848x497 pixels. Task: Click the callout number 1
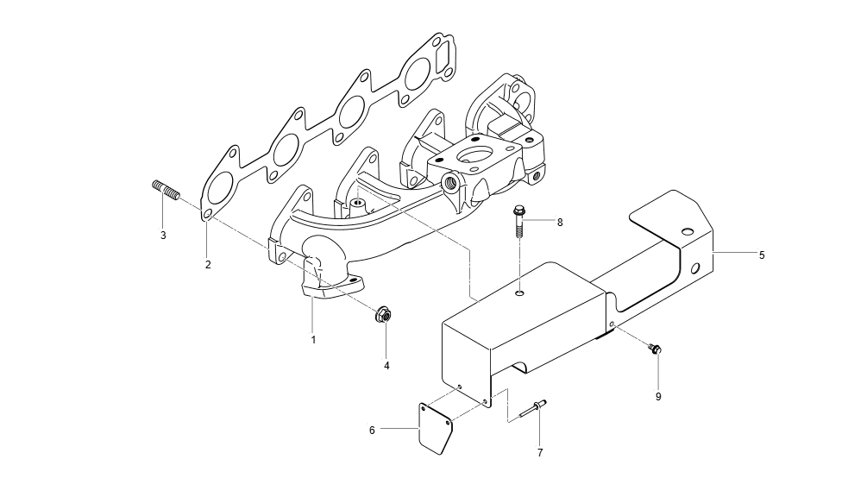click(313, 340)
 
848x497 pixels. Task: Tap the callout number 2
click(208, 265)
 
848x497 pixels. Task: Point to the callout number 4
click(386, 365)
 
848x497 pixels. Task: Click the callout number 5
click(762, 255)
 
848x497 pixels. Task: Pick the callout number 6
click(372, 428)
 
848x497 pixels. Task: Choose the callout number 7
click(540, 452)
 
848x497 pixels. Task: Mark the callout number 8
click(559, 222)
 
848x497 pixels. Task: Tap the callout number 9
click(658, 397)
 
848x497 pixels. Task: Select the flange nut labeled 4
click(382, 316)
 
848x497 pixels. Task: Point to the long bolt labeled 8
click(519, 221)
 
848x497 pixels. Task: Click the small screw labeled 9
click(655, 349)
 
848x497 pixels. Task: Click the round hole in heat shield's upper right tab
click(687, 232)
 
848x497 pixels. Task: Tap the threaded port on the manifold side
click(449, 182)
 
